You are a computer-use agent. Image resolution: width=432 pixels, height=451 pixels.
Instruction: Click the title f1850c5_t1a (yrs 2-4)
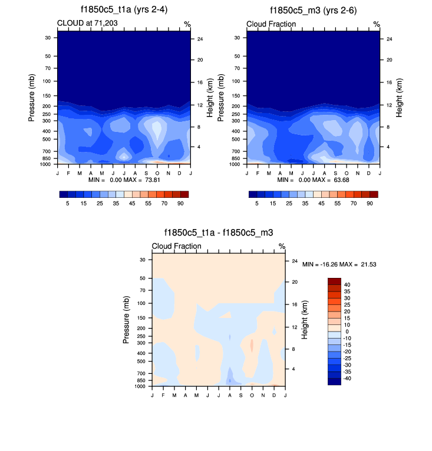[124, 11]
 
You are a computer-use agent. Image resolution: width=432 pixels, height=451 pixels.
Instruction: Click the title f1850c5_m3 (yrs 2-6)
[313, 11]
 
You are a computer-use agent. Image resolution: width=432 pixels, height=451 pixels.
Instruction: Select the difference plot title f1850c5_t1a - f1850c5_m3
[219, 233]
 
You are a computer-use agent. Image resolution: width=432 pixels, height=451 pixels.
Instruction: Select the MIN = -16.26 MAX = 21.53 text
[339, 265]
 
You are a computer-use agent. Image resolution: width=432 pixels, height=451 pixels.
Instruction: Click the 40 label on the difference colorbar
[347, 284]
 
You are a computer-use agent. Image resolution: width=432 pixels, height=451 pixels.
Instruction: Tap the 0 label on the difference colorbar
[345, 331]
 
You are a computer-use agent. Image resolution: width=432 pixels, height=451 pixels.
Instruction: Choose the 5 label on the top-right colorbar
[256, 203]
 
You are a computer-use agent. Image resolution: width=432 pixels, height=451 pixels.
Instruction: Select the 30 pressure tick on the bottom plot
[142, 260]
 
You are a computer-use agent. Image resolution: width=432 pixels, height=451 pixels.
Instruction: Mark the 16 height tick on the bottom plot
[295, 304]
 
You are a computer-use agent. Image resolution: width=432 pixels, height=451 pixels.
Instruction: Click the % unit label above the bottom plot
[282, 246]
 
